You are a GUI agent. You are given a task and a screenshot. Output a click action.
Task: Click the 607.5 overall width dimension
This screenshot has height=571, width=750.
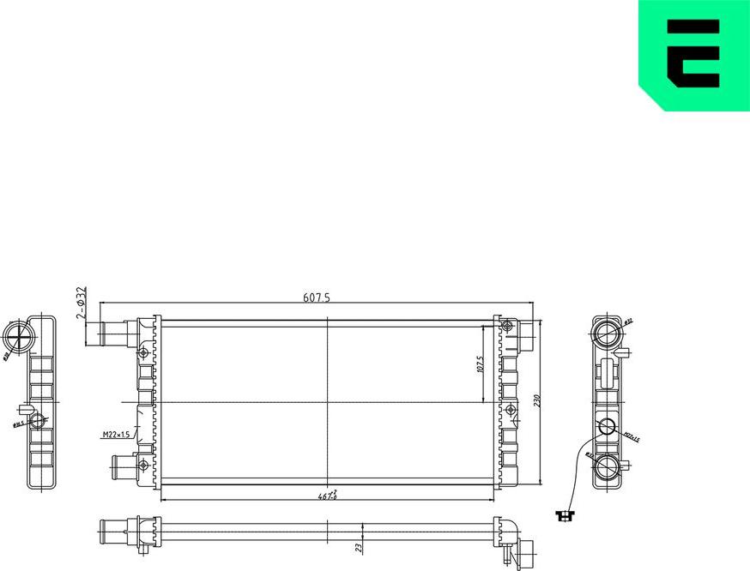coord(317,298)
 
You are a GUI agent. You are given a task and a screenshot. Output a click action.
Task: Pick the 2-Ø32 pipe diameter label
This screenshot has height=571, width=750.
coord(82,304)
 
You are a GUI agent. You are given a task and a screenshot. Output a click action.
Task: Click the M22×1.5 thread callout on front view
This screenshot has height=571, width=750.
coord(115,436)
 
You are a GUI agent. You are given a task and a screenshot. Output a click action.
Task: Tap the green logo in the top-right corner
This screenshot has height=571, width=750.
coord(693,56)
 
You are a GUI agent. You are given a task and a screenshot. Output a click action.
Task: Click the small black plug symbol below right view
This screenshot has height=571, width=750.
coord(564,515)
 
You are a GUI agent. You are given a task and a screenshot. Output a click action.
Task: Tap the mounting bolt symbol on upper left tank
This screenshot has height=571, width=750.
coord(142,352)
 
